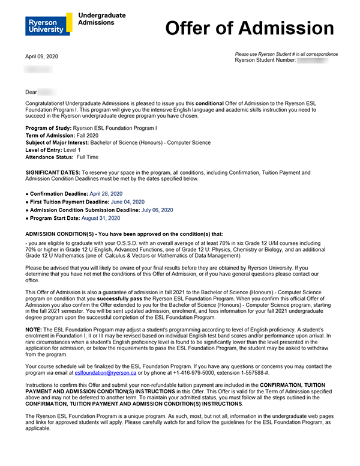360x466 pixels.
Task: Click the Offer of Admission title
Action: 249,28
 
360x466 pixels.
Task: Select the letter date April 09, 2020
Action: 41,56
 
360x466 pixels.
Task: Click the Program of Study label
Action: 47,128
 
